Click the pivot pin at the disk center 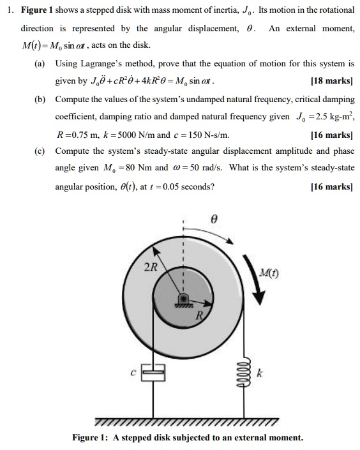(183, 299)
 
